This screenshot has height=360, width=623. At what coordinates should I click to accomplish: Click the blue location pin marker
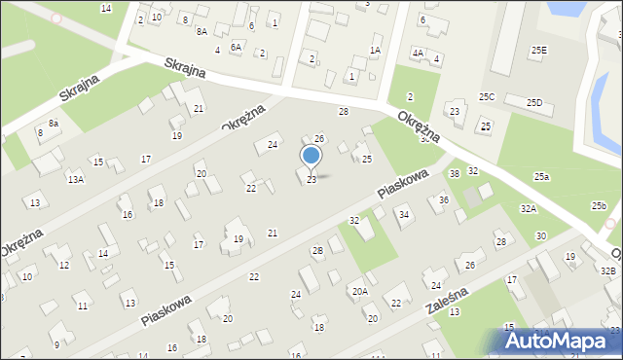tap(311, 157)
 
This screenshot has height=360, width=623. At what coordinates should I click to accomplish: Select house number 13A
tap(75, 179)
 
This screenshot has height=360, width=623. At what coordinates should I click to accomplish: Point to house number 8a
tap(55, 124)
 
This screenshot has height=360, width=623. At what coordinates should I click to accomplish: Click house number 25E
tap(538, 50)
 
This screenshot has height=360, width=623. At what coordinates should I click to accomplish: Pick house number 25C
tap(487, 96)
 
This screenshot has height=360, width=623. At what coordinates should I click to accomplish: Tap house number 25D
tap(533, 102)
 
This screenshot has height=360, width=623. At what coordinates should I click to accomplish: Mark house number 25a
tap(541, 175)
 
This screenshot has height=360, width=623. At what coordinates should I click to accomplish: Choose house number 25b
tap(599, 205)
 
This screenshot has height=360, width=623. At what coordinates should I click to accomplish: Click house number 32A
tap(528, 208)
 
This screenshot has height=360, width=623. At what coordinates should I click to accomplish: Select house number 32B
tap(608, 270)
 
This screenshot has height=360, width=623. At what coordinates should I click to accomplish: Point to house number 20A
tap(360, 291)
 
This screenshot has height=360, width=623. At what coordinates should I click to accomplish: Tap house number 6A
tap(236, 46)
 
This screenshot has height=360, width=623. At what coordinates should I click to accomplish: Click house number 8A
tap(202, 31)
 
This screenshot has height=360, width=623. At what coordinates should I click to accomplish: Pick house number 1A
tap(375, 50)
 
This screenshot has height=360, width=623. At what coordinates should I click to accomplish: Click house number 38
tap(454, 173)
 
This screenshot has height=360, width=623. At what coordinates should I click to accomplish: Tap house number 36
tap(443, 199)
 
